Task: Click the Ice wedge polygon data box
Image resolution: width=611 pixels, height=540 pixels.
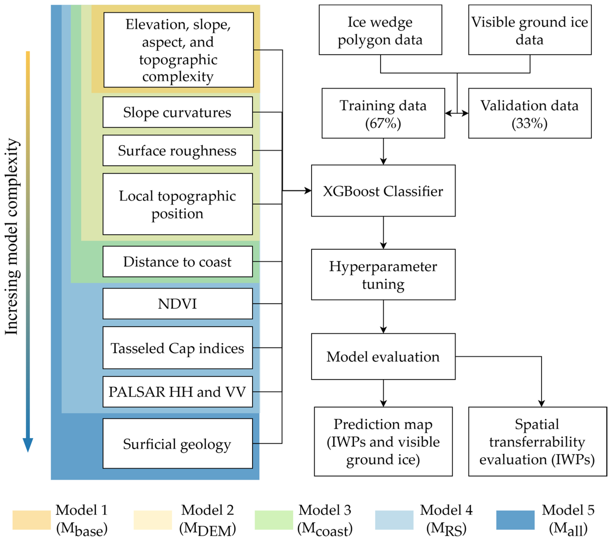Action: pos(380,30)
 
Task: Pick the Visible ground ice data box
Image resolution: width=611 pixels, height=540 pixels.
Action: pos(529,30)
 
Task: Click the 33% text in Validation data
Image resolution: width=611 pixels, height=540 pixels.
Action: pos(529,123)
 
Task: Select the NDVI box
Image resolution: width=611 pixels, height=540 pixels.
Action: pos(178,304)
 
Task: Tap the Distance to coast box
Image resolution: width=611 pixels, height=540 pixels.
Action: pos(178,262)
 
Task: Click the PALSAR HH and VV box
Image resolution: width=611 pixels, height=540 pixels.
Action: pos(178,392)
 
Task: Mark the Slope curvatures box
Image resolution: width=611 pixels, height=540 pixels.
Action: pos(178,112)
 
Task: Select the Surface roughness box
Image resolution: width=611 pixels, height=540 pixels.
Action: pos(178,151)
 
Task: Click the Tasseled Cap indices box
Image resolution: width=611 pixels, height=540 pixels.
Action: pos(178,348)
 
